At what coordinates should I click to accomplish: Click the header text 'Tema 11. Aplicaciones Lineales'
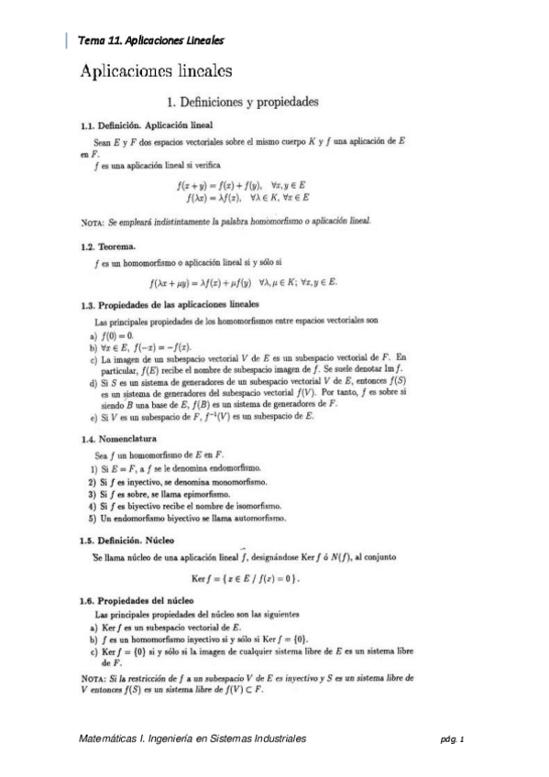pos(151,40)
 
